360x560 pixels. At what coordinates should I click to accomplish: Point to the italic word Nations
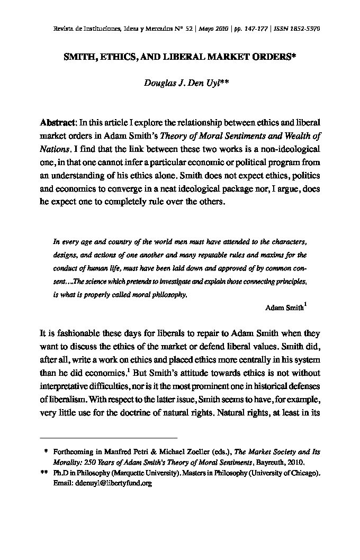coord(55,149)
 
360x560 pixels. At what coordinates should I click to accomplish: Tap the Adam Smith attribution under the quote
coord(284,308)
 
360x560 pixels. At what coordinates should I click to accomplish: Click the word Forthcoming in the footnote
coord(73,452)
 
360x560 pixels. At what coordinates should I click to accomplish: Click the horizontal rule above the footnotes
coord(109,438)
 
